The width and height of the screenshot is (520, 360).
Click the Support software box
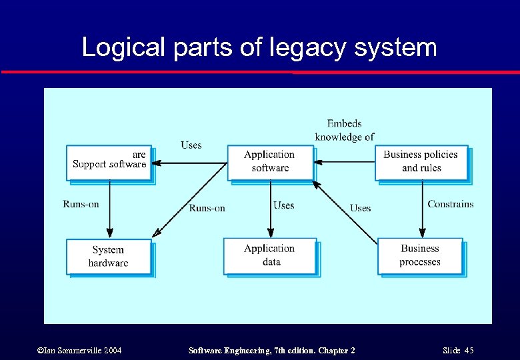pos(109,163)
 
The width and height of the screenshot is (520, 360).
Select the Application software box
pos(269,162)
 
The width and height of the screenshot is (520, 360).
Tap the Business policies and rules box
pos(421,162)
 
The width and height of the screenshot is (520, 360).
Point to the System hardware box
pos(108,257)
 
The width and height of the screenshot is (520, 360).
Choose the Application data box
pos(269,256)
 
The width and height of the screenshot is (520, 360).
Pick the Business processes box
pos(420,256)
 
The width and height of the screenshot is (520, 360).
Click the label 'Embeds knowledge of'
pos(345,130)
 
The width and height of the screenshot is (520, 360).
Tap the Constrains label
pos(451,204)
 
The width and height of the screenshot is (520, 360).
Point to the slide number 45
pos(469,350)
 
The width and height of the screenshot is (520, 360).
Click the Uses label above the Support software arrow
pos(191,145)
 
